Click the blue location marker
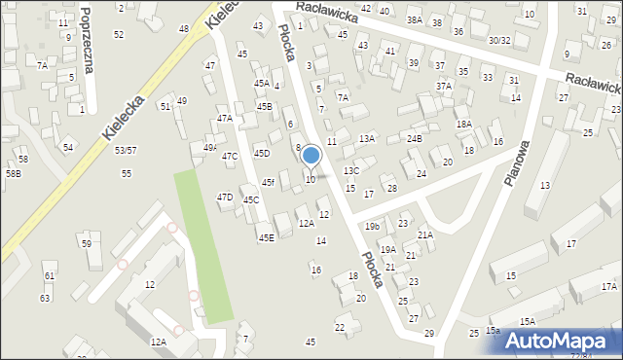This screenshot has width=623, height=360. click(311, 156)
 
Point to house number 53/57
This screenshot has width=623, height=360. click(126, 150)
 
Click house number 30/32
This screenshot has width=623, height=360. click(499, 41)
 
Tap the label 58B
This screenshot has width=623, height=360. click(13, 173)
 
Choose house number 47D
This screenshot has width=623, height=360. click(225, 198)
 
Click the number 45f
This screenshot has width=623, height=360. click(268, 182)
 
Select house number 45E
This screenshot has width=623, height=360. click(266, 237)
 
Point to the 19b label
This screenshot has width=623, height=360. click(372, 226)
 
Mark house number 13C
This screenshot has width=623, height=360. click(351, 171)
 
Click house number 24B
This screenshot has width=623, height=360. click(415, 139)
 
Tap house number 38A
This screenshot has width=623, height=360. click(415, 20)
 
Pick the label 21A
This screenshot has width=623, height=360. click(425, 234)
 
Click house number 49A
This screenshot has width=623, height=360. click(209, 148)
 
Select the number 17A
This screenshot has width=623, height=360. click(608, 286)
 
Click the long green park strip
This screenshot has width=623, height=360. click(202, 243)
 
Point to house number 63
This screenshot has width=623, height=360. click(45, 298)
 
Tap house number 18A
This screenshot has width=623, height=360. click(464, 124)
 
